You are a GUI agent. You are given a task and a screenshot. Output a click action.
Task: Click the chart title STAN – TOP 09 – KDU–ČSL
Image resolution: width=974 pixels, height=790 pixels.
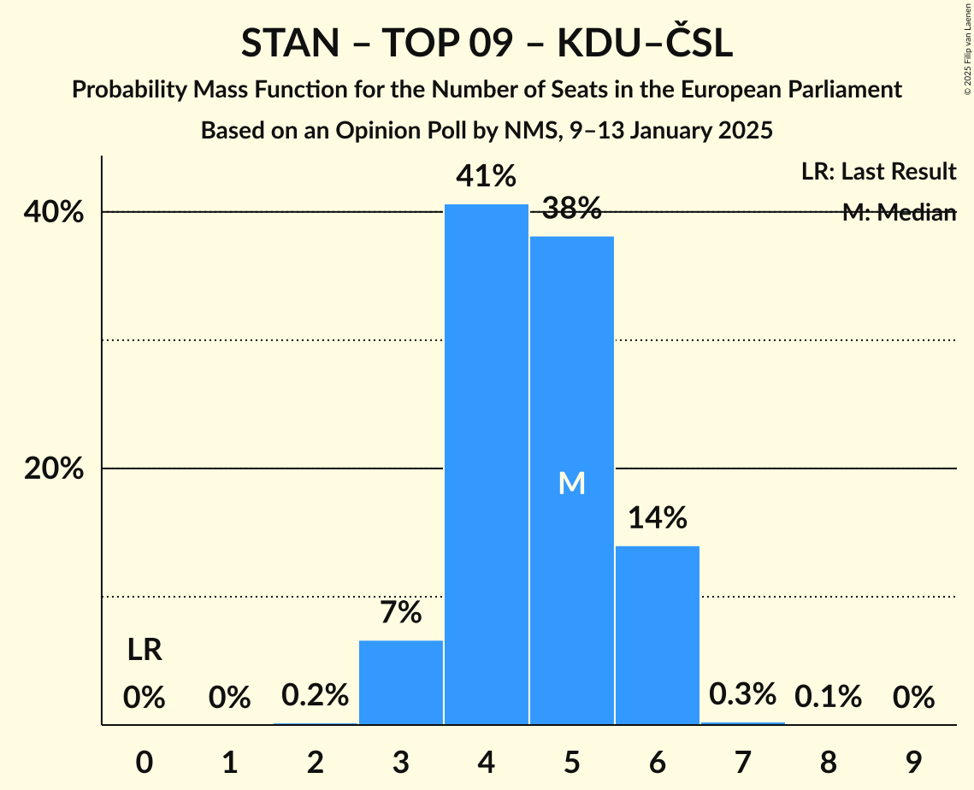pos(487,44)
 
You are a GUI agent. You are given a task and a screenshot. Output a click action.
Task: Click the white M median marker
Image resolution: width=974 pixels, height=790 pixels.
pos(572,484)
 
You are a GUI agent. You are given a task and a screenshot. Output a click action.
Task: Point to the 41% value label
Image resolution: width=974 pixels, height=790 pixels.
pos(487,177)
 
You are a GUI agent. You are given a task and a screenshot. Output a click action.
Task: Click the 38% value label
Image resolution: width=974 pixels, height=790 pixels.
pos(572,208)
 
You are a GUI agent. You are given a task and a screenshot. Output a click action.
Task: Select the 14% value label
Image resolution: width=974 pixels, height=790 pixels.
pos(658,518)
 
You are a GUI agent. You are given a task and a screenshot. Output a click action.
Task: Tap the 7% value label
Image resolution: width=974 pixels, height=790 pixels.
pos(401,612)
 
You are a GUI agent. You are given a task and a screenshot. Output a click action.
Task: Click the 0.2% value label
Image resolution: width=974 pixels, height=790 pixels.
pos(316,695)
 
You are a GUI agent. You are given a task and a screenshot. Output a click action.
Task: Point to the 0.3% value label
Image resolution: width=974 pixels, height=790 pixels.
pos(743,694)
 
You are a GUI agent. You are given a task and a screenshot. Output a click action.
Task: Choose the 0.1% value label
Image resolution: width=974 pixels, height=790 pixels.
pos(829,698)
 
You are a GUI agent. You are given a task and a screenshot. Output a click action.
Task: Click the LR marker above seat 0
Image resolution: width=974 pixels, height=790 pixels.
pos(145,651)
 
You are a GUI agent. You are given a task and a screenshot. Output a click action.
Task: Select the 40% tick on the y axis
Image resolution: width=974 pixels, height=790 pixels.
pos(54,212)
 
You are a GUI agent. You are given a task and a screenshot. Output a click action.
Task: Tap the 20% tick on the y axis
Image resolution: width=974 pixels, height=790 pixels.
pos(54,469)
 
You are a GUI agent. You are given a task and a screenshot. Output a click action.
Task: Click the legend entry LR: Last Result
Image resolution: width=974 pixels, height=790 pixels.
pos(878,172)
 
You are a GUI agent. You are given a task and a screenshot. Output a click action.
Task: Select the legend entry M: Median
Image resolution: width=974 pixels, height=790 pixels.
pos(899,213)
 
